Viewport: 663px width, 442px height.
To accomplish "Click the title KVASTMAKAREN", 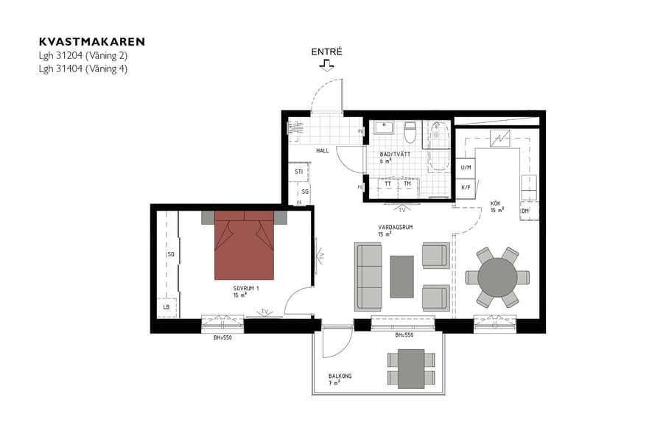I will tap(92, 42).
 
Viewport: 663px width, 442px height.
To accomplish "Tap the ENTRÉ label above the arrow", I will tap(326, 52).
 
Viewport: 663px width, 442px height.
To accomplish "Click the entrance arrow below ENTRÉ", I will tap(326, 66).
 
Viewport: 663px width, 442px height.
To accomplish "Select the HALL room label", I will tap(323, 150).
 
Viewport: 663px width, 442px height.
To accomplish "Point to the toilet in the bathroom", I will tap(410, 133).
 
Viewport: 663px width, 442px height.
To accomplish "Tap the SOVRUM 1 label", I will tap(247, 288).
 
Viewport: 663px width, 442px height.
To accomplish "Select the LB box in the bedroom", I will tap(166, 307).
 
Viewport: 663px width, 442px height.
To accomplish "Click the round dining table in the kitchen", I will tap(497, 277).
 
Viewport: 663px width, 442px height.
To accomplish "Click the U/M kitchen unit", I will tap(466, 168).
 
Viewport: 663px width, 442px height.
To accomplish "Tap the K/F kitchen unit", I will tap(466, 187).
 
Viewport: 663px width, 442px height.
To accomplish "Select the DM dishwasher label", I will tap(525, 211).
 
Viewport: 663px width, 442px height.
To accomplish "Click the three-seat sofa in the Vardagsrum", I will tap(368, 276).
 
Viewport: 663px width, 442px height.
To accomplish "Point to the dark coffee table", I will tap(401, 276).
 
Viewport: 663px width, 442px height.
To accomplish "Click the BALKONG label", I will tap(340, 376).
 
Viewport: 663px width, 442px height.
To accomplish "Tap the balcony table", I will tap(410, 369).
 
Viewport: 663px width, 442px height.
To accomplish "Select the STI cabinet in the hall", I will tap(299, 172).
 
